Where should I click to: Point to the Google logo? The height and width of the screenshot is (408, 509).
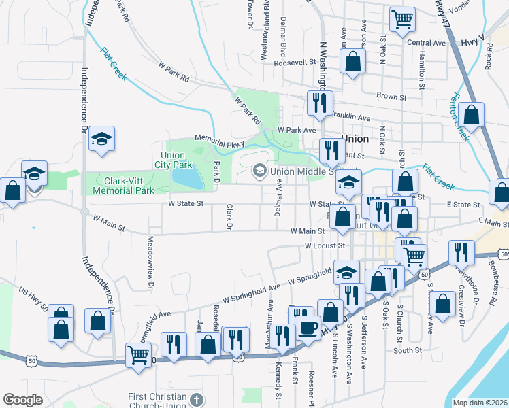coord(23,400)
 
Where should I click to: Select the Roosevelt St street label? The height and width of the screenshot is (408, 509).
coord(295,62)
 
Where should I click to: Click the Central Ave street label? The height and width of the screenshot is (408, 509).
coord(426,43)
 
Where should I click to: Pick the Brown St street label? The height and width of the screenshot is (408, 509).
coord(391,97)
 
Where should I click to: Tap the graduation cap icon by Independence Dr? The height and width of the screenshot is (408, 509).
coord(101,139)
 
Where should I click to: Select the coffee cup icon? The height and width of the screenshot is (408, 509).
coord(308,328)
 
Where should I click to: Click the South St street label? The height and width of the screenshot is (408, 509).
coord(408,351)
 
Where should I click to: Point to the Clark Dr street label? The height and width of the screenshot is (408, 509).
coord(230,217)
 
